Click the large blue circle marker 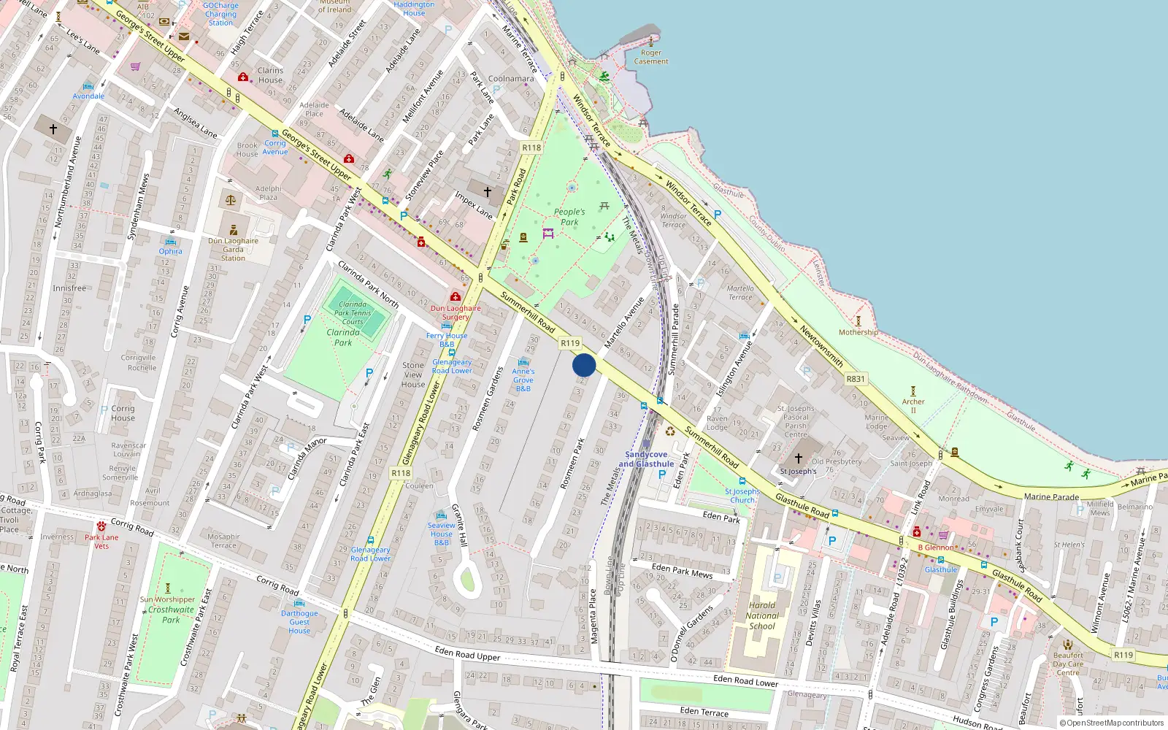pyautogui.click(x=584, y=365)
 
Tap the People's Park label pyautogui.click(x=569, y=217)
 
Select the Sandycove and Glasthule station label pyautogui.click(x=646, y=459)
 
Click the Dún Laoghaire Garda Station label pyautogui.click(x=233, y=249)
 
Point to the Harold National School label pyautogui.click(x=762, y=615)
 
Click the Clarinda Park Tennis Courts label pyautogui.click(x=353, y=312)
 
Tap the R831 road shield pyautogui.click(x=856, y=379)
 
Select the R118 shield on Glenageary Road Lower pyautogui.click(x=401, y=473)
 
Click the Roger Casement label pyautogui.click(x=651, y=57)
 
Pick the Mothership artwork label pyautogui.click(x=858, y=332)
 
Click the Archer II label pyautogui.click(x=913, y=406)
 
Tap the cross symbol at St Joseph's pyautogui.click(x=799, y=458)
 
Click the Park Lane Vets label pyautogui.click(x=101, y=542)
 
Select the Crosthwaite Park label pyautogui.click(x=171, y=615)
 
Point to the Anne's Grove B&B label pyautogui.click(x=523, y=380)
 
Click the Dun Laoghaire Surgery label pyautogui.click(x=456, y=312)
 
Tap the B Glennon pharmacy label pyautogui.click(x=936, y=547)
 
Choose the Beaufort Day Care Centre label pyautogui.click(x=1068, y=664)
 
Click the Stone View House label pyautogui.click(x=413, y=374)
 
